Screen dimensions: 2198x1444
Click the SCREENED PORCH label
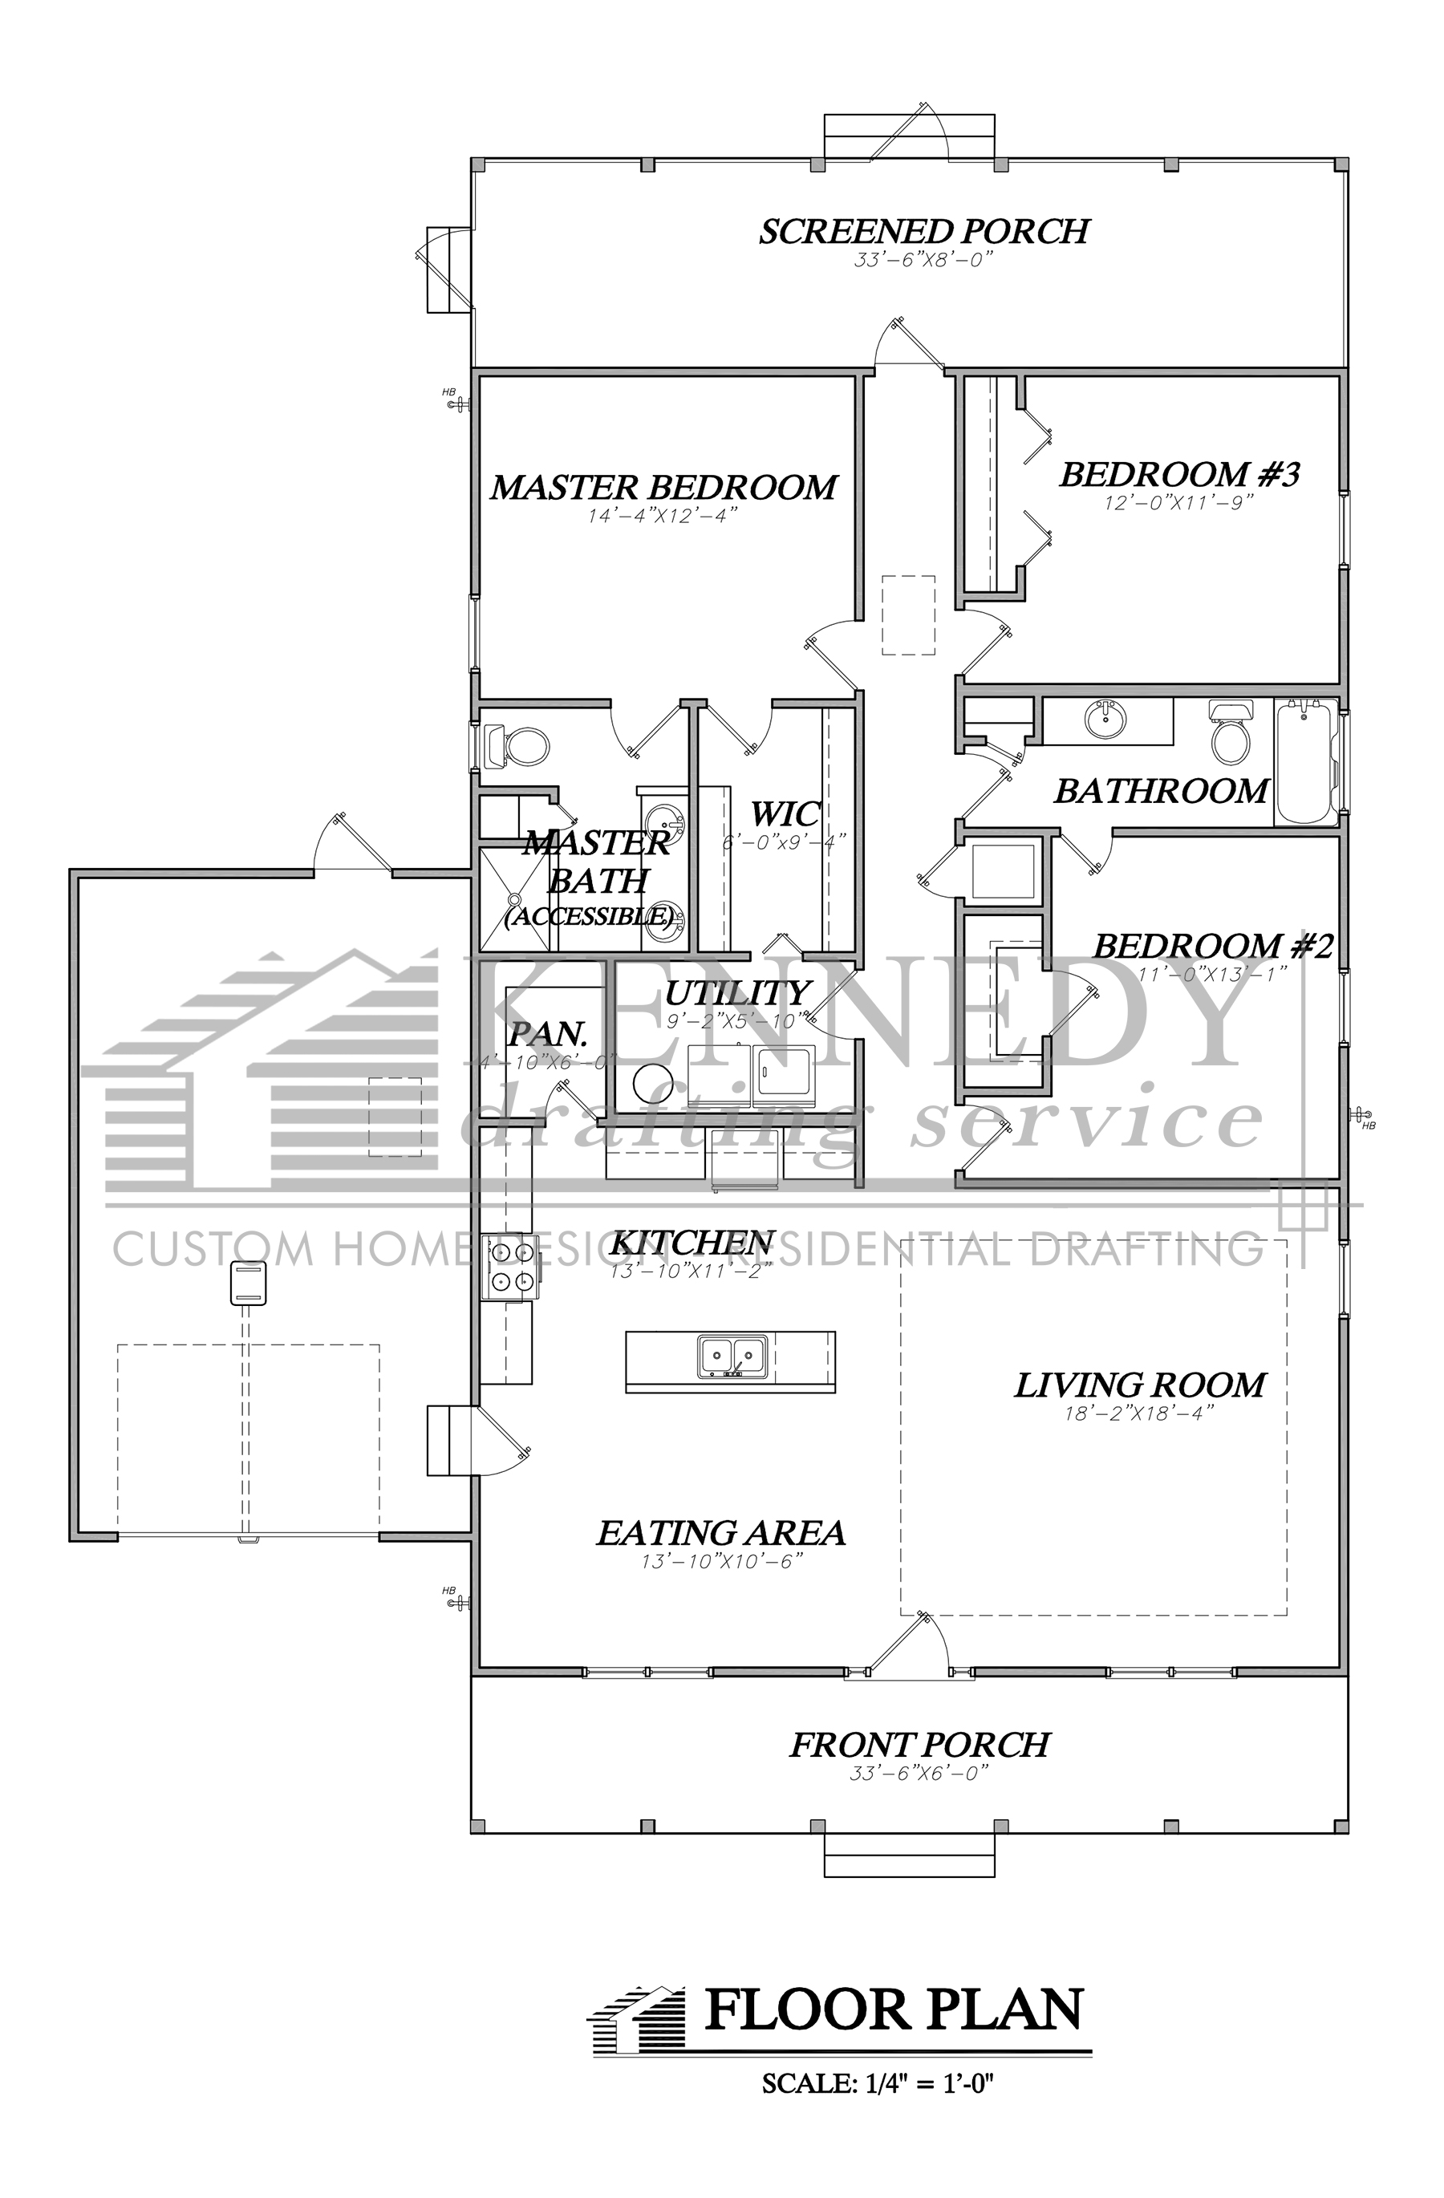(x=923, y=232)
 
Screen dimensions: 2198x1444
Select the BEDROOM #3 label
(x=1179, y=475)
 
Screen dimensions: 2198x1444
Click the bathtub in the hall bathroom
(x=1305, y=762)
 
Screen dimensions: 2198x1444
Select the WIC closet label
(x=784, y=814)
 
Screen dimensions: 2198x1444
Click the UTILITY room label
(x=736, y=994)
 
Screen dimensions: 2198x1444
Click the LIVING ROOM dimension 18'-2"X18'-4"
(x=1138, y=1413)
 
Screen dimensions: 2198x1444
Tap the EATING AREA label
(x=720, y=1534)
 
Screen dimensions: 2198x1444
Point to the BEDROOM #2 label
(x=1213, y=947)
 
